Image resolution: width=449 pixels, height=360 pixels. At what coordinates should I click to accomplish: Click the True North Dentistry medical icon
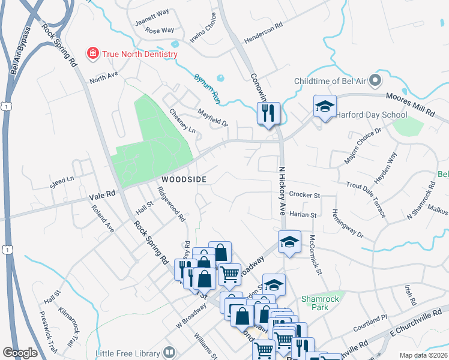(93, 54)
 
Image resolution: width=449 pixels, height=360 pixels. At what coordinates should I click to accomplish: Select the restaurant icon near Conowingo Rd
(268, 112)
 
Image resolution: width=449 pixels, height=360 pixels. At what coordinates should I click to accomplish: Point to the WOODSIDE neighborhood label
(183, 179)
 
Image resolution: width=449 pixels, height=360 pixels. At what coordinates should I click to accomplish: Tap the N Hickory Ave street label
(282, 187)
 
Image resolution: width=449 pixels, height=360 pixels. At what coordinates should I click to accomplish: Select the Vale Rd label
(101, 194)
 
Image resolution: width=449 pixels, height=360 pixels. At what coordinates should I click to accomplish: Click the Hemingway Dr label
(348, 223)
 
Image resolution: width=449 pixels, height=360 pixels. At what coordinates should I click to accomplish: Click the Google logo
(20, 353)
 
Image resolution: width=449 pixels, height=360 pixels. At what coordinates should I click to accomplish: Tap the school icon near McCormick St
(289, 242)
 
